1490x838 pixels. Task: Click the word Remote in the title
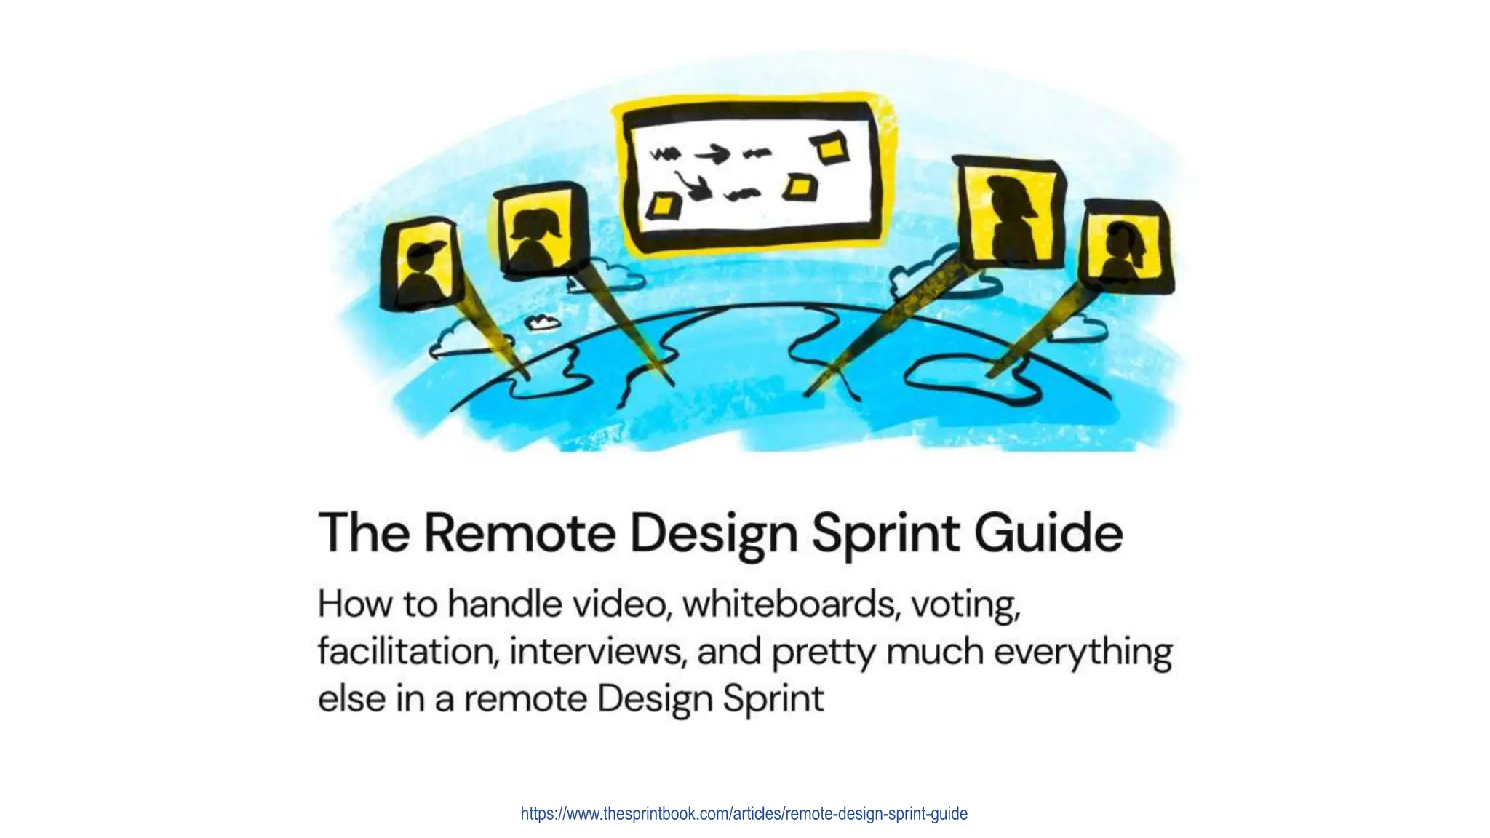point(519,533)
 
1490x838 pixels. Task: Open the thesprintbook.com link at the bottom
point(744,813)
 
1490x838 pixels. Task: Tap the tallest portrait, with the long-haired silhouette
point(1010,214)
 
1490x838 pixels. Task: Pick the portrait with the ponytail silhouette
point(1125,247)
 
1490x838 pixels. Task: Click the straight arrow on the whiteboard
point(711,153)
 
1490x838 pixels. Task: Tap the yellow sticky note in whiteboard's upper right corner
point(831,148)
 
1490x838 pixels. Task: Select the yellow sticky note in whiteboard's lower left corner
point(663,206)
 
